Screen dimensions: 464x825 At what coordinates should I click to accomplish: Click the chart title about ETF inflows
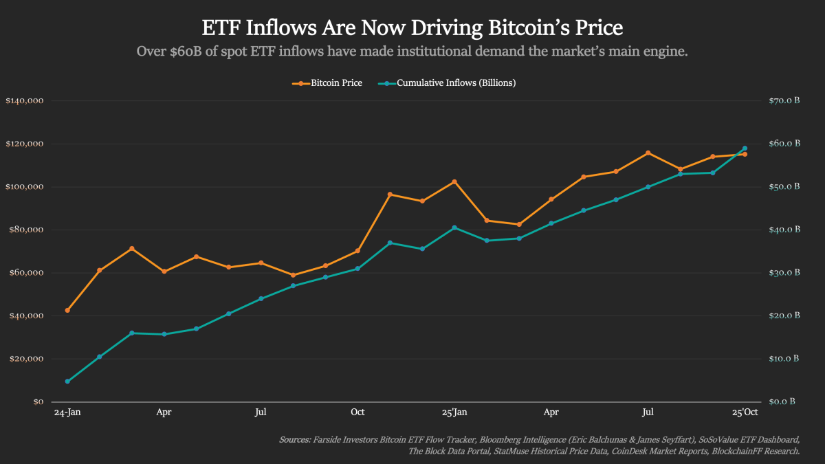[x=412, y=27]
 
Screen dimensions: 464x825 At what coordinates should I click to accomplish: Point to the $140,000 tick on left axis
[x=25, y=101]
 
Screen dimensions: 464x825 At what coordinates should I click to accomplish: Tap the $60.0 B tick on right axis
[x=784, y=144]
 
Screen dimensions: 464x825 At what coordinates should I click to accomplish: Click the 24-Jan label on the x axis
[x=67, y=412]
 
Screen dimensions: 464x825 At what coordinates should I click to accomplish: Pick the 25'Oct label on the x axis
[x=745, y=412]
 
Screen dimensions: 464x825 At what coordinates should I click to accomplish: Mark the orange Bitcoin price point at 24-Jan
[x=67, y=310]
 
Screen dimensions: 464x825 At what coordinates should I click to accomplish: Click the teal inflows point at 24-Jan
[x=67, y=382]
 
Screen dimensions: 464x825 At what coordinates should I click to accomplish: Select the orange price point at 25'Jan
[x=454, y=181]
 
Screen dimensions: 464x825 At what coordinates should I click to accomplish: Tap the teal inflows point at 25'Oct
[x=745, y=148]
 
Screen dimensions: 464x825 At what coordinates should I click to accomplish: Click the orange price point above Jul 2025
[x=648, y=153]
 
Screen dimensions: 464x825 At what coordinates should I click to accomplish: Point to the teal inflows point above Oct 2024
[x=357, y=269]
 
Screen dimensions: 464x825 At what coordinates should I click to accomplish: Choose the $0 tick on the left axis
[x=38, y=401]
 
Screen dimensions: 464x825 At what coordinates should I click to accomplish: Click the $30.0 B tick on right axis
[x=784, y=273]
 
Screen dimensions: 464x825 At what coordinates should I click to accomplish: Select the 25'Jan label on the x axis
[x=454, y=412]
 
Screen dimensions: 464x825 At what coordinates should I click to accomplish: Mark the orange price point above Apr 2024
[x=164, y=272]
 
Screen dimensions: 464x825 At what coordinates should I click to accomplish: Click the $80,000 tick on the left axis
[x=27, y=230]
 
